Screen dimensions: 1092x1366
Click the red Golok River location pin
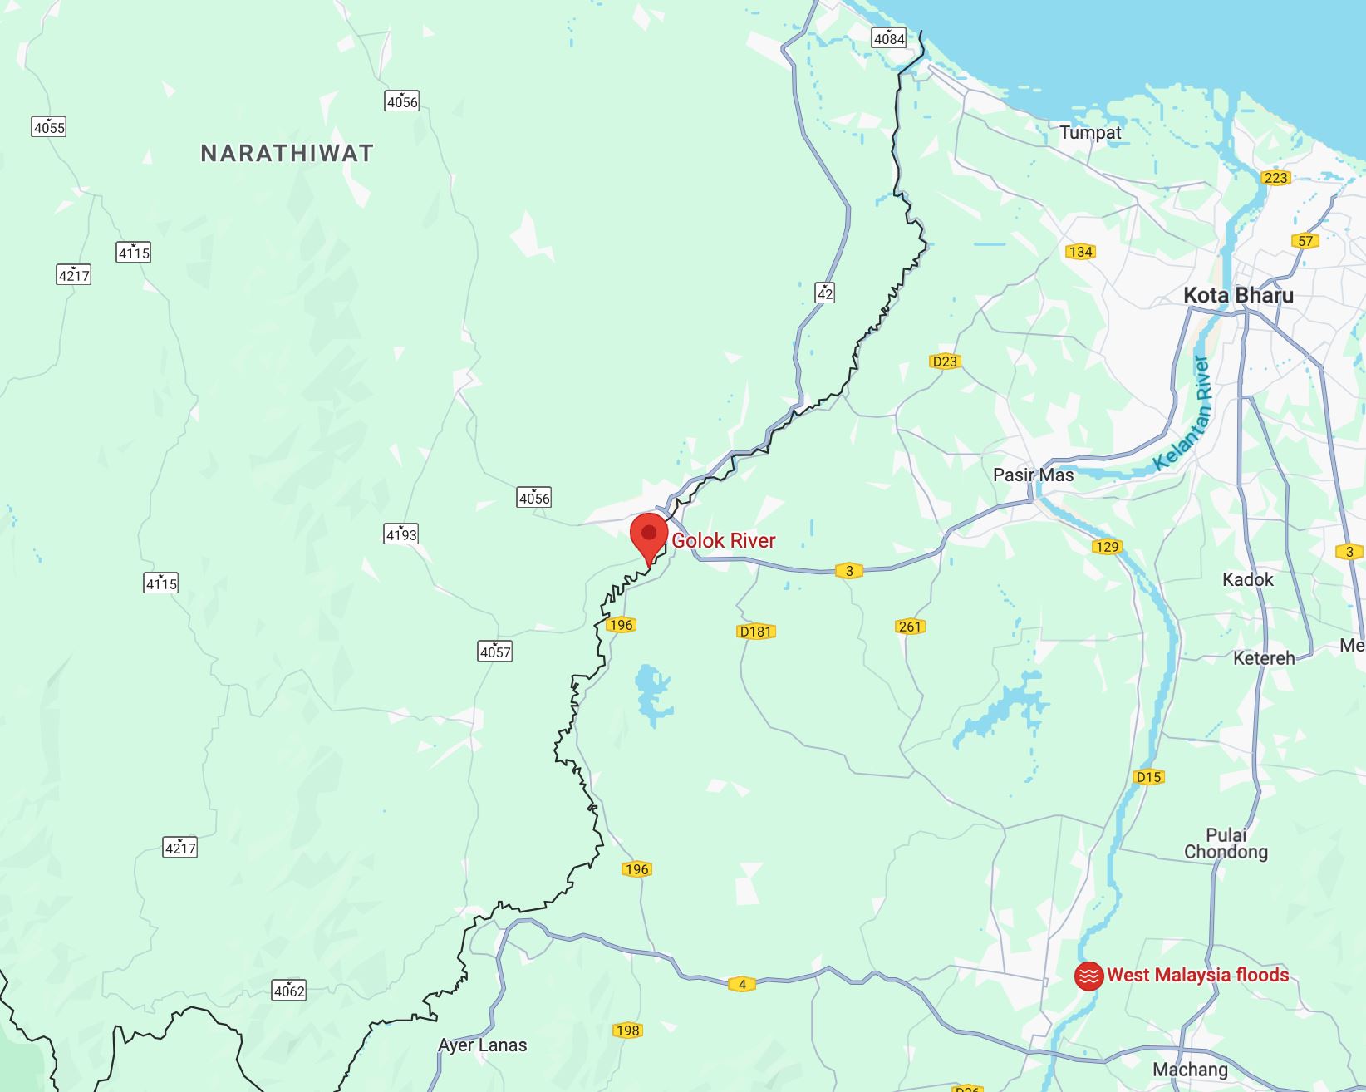tap(649, 535)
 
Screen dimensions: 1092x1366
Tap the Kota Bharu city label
tap(1238, 295)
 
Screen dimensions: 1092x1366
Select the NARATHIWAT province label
tap(287, 153)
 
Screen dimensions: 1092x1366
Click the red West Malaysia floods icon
tap(1088, 976)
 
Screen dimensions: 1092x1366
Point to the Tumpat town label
tap(1090, 132)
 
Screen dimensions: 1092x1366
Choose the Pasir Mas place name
tap(1033, 475)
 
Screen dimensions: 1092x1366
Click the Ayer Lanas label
tap(482, 1045)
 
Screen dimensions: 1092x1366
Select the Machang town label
tap(1190, 1070)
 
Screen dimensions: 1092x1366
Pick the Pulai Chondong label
tap(1226, 843)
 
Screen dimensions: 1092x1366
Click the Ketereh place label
tap(1264, 658)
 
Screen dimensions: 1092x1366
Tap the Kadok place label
tap(1247, 579)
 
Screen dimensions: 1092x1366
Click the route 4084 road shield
tap(888, 37)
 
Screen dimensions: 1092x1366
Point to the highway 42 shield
tap(824, 293)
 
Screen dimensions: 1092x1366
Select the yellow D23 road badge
tap(945, 361)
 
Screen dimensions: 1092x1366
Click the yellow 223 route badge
tap(1275, 177)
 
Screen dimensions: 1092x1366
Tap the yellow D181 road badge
tap(756, 632)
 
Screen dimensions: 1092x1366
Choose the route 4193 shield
tap(401, 534)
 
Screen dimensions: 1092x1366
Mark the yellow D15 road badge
tap(1148, 777)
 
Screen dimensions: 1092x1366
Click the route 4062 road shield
tap(289, 991)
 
